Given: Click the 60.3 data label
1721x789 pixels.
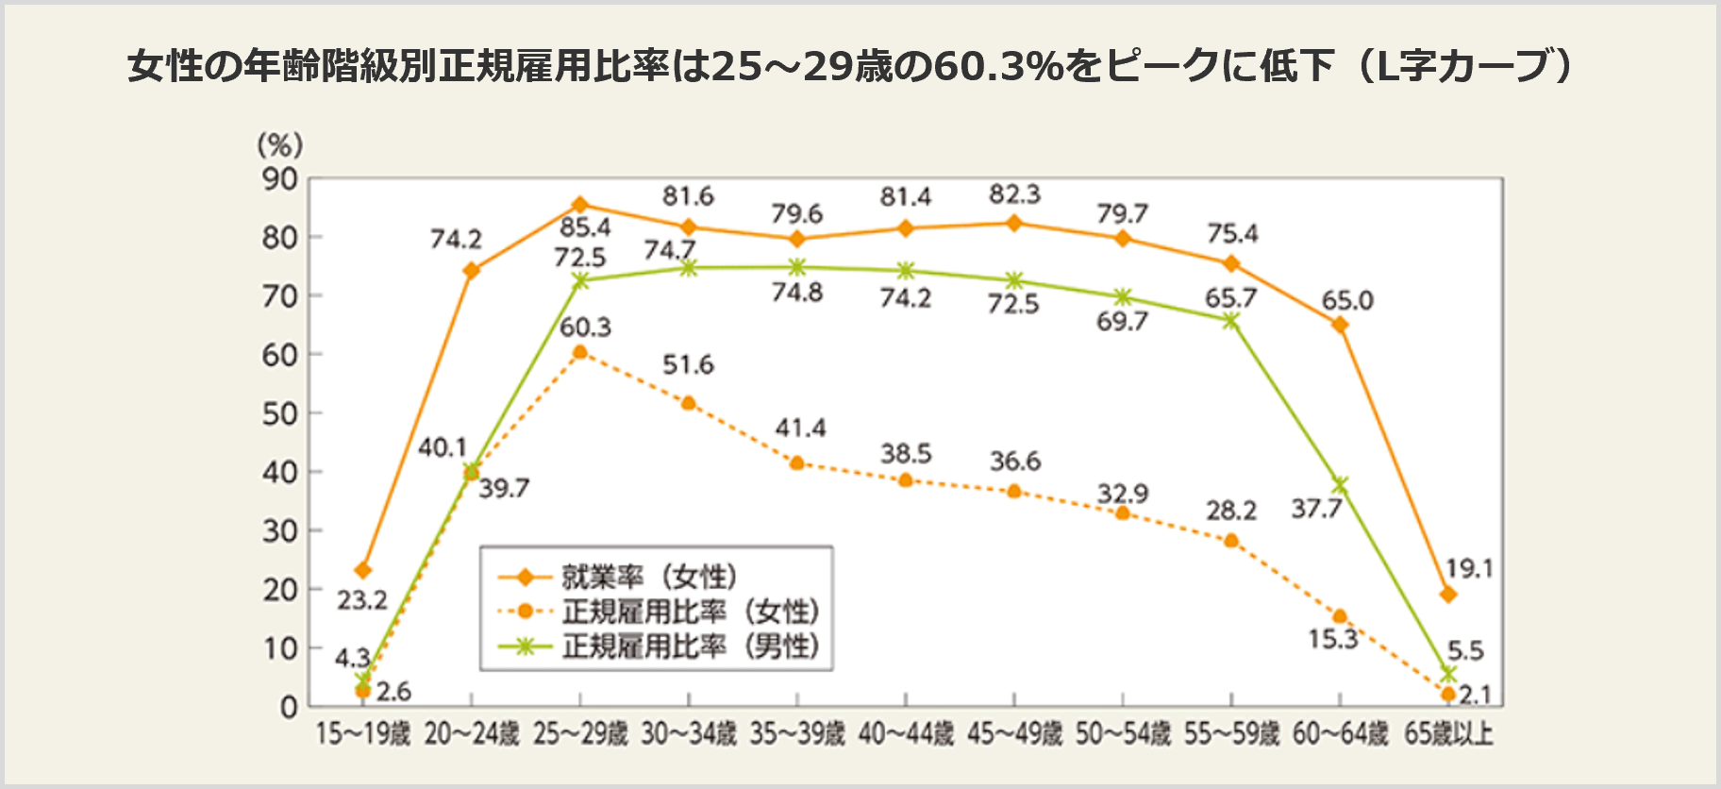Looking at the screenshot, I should click(585, 327).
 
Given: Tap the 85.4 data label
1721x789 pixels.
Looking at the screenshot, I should click(585, 227).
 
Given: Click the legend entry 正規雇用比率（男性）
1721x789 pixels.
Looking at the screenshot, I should click(691, 646).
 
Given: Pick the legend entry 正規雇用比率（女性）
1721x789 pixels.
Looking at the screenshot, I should click(691, 612).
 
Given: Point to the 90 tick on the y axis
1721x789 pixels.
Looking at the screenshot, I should click(280, 179).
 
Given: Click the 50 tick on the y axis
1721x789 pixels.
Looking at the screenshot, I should click(280, 413).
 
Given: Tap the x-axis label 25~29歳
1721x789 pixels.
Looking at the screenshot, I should click(580, 733).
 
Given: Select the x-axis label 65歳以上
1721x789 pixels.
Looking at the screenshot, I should click(1448, 733).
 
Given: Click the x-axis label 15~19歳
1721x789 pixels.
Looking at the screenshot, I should click(363, 733).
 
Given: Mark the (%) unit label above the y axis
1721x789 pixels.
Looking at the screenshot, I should click(280, 144).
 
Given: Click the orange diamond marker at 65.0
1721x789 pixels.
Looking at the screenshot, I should click(1340, 325).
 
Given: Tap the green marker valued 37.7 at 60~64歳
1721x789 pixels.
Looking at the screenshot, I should click(1340, 485).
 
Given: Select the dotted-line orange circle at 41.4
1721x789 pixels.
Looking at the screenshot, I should click(797, 463).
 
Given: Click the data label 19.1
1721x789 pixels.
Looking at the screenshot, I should click(1469, 568).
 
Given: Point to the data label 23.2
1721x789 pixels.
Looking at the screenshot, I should click(362, 600).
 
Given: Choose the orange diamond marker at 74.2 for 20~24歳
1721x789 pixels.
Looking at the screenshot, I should click(472, 271).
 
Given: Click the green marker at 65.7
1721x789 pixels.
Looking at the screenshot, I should click(1231, 321).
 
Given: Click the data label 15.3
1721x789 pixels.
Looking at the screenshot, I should click(1332, 639).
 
